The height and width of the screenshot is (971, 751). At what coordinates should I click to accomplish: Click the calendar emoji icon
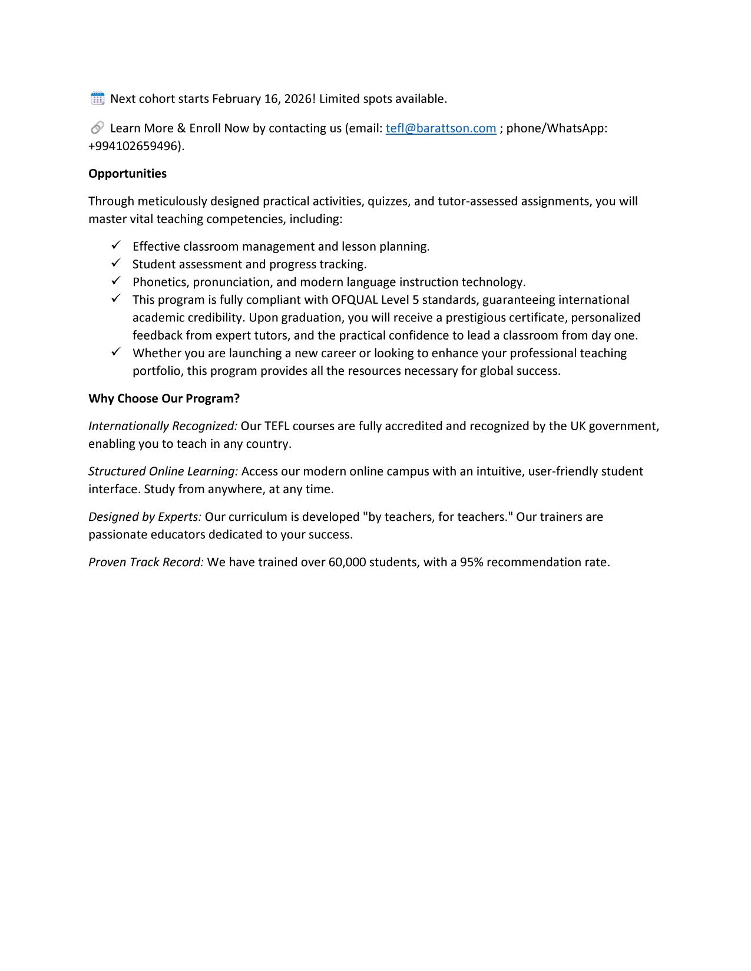point(98,98)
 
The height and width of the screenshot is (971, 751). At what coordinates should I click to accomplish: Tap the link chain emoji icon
point(98,128)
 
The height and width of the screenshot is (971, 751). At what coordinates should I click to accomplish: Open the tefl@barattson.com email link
point(441,128)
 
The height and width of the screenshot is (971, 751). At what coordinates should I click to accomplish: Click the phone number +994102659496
point(134,146)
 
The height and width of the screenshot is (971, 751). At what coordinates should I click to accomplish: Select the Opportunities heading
point(127,174)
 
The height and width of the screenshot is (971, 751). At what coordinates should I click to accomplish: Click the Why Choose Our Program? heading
point(164,398)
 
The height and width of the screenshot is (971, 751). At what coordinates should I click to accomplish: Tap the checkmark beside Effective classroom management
point(116,245)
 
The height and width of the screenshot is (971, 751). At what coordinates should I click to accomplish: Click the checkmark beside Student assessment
point(116,263)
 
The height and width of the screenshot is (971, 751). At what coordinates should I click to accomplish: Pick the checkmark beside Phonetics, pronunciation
point(116,281)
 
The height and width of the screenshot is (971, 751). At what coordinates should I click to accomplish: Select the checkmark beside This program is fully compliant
point(116,298)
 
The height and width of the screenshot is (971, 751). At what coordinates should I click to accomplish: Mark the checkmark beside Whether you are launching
point(116,352)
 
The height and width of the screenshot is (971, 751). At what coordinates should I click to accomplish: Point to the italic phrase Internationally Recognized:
point(163,426)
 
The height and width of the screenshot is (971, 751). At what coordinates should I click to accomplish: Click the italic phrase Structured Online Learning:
point(163,471)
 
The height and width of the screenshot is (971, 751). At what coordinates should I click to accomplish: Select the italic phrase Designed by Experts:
point(145,517)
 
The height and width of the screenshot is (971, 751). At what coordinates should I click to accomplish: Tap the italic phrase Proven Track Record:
point(146,562)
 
